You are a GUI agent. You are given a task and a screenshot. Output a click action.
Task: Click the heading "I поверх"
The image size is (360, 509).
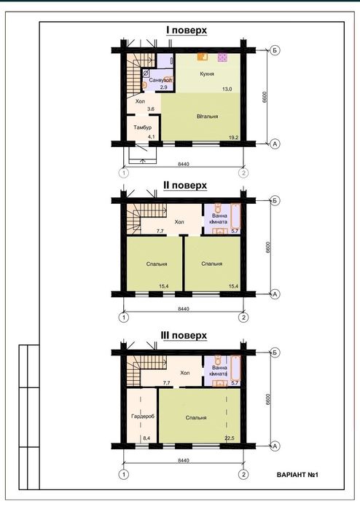187,30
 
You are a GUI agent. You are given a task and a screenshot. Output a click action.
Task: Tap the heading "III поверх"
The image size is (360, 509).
184,335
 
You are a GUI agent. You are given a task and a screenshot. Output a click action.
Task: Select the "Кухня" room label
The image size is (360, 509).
207,74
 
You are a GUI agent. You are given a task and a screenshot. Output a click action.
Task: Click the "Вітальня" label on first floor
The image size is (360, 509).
207,117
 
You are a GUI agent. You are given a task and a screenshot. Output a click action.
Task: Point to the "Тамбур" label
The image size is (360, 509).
142,127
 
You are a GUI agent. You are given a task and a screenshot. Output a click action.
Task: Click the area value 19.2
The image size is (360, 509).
233,138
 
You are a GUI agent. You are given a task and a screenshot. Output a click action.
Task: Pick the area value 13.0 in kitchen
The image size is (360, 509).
227,89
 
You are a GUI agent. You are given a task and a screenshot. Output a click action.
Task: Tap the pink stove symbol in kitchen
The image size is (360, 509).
222,58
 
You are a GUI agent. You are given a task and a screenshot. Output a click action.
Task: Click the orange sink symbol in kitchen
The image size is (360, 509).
203,57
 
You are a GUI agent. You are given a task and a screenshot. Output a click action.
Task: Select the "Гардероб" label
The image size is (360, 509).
143,416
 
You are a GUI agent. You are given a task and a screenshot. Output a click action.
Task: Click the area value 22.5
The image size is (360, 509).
230,438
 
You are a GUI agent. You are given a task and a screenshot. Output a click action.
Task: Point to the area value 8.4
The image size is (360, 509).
146,438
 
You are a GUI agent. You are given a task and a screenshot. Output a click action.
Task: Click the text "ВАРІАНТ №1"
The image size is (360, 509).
297,475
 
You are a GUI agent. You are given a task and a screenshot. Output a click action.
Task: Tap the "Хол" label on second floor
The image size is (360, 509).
179,221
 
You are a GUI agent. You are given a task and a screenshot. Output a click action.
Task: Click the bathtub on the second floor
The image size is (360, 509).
235,216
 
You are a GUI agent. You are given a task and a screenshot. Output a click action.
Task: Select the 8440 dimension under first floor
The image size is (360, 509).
184,164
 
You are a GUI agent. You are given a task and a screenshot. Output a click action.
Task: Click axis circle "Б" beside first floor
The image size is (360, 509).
275,50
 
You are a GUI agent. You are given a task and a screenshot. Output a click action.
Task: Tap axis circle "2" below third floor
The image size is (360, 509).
243,475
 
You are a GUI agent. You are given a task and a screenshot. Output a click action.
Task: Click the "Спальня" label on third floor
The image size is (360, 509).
196,417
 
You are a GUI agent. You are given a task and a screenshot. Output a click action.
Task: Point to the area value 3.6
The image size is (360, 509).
151,109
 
